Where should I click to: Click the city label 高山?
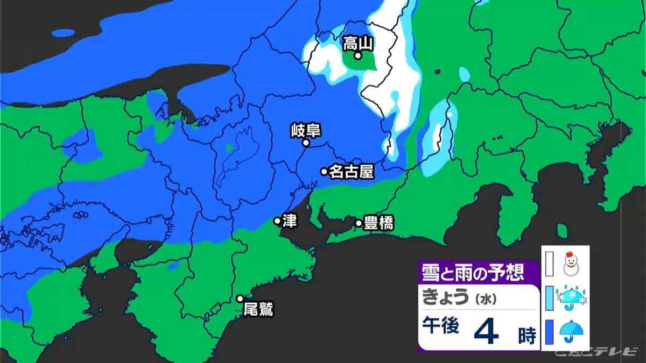(359, 42)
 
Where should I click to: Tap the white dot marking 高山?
(357, 55)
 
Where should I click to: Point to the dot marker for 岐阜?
(306, 143)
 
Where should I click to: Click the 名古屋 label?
(351, 172)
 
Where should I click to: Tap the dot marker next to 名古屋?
(324, 172)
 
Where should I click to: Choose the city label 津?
(290, 221)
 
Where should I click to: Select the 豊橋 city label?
(378, 223)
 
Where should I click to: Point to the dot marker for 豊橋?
(359, 223)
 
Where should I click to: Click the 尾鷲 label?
(258, 310)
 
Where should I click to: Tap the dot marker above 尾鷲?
(240, 298)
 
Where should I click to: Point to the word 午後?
(440, 326)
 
